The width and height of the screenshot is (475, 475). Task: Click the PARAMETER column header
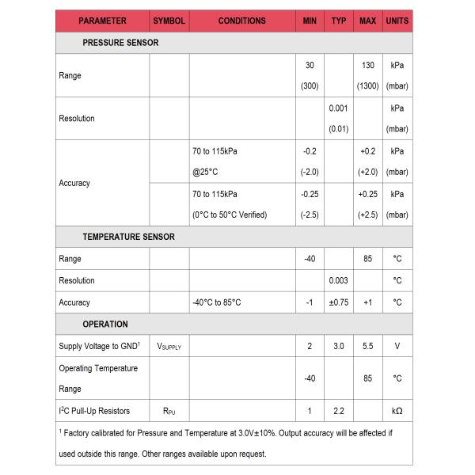point(102,21)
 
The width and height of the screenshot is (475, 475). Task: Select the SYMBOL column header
point(169,21)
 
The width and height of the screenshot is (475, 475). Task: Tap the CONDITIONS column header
point(241,21)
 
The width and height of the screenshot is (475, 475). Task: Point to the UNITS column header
point(397,21)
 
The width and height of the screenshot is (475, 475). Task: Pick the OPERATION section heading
point(105,324)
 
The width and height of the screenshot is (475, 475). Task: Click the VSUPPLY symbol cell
point(169,347)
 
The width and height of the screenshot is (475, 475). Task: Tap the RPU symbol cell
point(169,412)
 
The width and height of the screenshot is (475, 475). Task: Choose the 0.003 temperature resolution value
point(339,280)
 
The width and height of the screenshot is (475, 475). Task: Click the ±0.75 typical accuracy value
point(339,302)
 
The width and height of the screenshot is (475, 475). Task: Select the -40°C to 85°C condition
point(216,302)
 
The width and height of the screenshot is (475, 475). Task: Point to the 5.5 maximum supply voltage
point(367,346)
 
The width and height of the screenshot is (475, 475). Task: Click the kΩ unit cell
point(397,411)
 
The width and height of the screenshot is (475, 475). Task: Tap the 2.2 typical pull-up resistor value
point(339,411)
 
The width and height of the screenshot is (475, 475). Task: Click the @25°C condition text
point(206,172)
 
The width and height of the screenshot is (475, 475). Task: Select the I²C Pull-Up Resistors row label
point(94,411)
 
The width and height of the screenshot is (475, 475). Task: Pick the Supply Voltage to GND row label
point(99,346)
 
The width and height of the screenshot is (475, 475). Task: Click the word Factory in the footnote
point(79,433)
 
